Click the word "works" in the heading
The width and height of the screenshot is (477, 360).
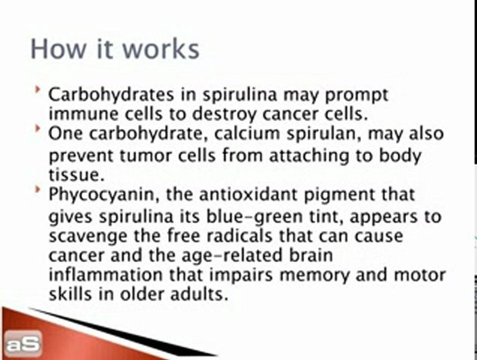(x=161, y=49)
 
